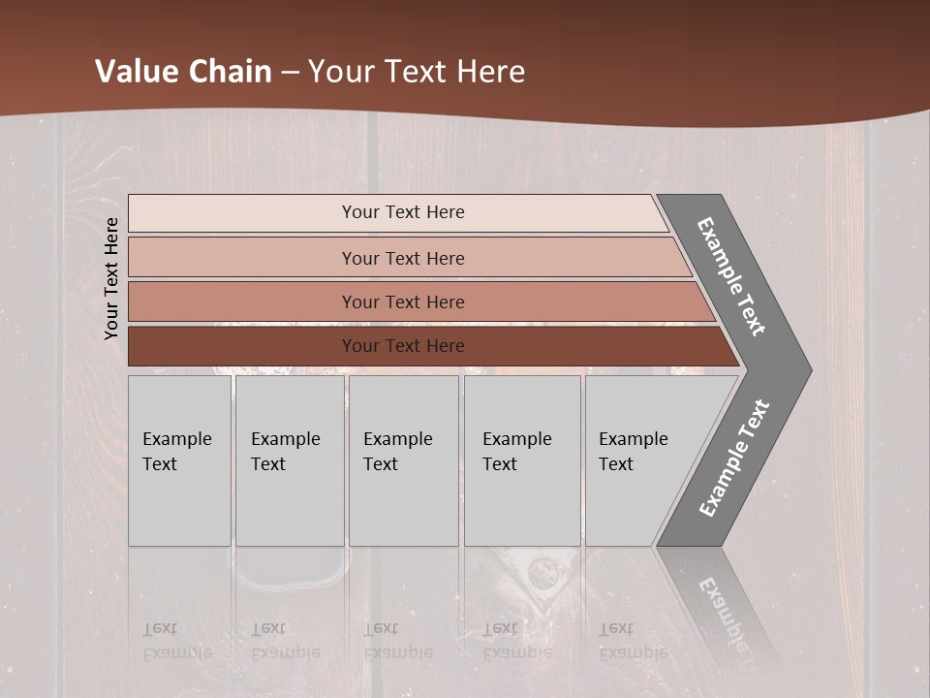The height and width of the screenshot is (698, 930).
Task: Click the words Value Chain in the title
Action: click(183, 72)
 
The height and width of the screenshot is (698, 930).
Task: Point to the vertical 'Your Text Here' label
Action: click(111, 278)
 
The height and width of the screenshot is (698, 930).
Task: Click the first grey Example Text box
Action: click(179, 460)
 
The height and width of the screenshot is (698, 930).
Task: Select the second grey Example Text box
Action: click(289, 460)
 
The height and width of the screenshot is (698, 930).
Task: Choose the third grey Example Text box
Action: click(403, 460)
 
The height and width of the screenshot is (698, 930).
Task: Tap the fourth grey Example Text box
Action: click(521, 460)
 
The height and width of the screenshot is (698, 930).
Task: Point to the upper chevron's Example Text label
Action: click(731, 276)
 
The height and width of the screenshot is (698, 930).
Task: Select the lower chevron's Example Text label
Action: click(734, 458)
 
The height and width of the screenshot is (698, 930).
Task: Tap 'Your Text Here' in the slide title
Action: click(417, 72)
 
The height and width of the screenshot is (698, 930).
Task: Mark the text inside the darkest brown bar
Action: click(403, 346)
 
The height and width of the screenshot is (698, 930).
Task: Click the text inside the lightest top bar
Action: click(403, 212)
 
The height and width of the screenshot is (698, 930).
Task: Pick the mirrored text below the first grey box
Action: click(176, 641)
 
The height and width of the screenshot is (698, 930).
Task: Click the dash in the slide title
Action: click(290, 73)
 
